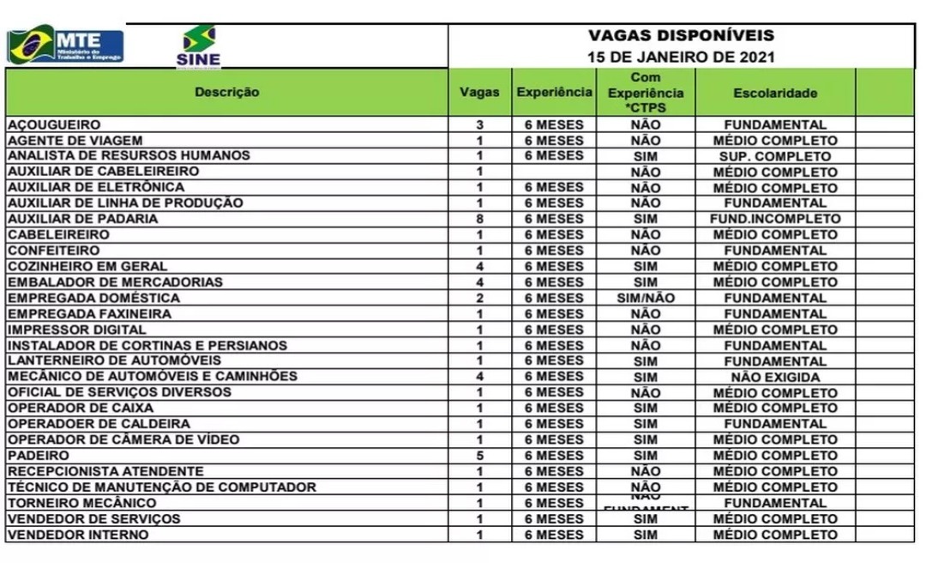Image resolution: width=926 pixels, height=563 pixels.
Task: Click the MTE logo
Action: (x=65, y=44)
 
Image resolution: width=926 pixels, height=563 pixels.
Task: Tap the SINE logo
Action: (x=199, y=46)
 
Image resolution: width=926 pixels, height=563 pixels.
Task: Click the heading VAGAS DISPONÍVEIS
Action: (x=681, y=35)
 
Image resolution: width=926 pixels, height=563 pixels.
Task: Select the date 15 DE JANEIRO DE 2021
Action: (x=681, y=58)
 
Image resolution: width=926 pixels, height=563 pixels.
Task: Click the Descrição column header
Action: (x=226, y=92)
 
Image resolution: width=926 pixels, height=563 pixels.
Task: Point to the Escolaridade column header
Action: (x=775, y=93)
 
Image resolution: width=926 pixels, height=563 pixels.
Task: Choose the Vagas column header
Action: (x=479, y=93)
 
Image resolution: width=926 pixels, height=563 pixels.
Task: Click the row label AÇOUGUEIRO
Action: (x=54, y=124)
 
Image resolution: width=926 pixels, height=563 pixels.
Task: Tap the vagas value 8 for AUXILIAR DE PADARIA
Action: (x=480, y=219)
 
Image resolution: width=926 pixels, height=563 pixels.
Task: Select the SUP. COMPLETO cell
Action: (x=775, y=156)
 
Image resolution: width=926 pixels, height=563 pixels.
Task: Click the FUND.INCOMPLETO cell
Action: (x=775, y=219)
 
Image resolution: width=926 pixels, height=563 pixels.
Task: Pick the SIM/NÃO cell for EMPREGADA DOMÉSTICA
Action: (x=645, y=298)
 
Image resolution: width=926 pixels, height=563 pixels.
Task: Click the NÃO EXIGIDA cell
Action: (x=775, y=377)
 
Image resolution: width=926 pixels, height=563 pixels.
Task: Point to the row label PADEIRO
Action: (x=39, y=456)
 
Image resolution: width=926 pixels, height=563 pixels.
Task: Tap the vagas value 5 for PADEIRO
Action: (x=480, y=456)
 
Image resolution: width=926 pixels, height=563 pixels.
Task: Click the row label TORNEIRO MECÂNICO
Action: (x=82, y=503)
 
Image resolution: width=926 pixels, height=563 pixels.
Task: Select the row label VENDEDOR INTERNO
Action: (x=78, y=535)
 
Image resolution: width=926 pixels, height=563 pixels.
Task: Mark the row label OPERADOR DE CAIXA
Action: (x=81, y=408)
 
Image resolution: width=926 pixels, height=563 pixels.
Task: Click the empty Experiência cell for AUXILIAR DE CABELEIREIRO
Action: (x=554, y=172)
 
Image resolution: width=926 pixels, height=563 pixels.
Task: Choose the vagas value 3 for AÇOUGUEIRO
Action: (x=480, y=124)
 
